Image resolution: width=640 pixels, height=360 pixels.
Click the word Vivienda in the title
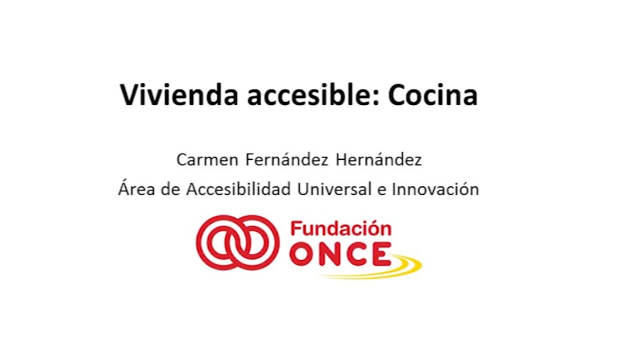coord(179,95)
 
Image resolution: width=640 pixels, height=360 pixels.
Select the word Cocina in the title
coord(433,95)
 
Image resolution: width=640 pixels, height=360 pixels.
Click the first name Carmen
coord(207,159)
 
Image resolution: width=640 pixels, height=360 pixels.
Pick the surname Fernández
coord(287,159)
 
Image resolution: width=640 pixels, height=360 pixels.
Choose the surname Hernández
coord(378,159)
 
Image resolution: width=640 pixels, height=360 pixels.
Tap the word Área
coord(136,188)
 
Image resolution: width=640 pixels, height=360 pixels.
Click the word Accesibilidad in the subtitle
coord(238,188)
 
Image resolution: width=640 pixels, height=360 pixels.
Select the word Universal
coord(334,188)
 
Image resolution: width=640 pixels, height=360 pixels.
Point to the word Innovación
coord(435,188)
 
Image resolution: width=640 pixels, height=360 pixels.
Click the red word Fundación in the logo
coord(341,229)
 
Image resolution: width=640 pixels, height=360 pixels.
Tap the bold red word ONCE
coord(340,254)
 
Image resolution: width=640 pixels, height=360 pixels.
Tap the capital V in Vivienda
coord(130,95)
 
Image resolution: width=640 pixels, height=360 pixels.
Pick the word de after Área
coord(170,188)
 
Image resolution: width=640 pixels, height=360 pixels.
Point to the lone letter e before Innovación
coord(381,190)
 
